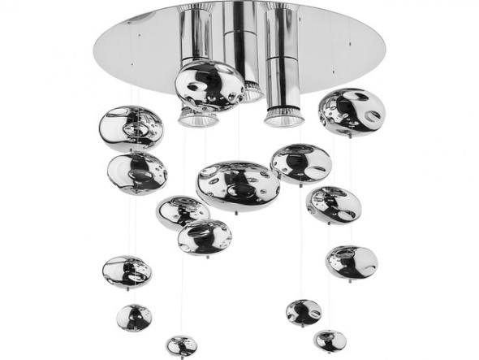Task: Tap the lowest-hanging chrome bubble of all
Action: coord(181,345)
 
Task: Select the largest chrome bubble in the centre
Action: coord(237,184)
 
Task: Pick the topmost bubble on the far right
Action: coord(351,112)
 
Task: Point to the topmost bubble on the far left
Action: coord(131,128)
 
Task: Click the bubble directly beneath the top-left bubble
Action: coord(136,172)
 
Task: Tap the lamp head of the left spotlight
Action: coord(197,119)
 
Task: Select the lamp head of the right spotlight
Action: coord(283,118)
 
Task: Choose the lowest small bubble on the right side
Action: coord(330,340)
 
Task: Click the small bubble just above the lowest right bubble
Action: coord(304,312)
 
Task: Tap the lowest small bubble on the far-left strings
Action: coord(134,317)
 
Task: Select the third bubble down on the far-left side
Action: coord(127,271)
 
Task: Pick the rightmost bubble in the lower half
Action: coord(352,262)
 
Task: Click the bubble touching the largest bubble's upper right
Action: coord(300,163)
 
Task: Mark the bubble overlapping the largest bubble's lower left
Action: coord(183,211)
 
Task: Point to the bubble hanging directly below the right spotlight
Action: coord(334,204)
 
